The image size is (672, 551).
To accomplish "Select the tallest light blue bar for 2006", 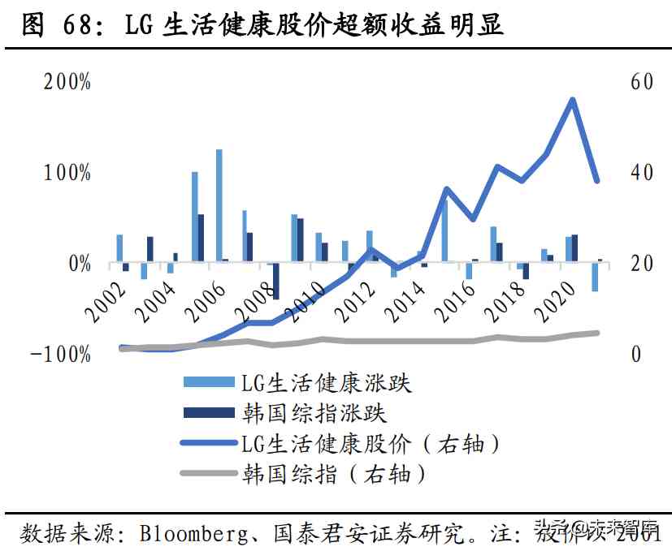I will coord(219,206).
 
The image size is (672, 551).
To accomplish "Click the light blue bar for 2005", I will coord(195,217).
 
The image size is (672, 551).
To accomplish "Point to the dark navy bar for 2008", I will coord(275,282).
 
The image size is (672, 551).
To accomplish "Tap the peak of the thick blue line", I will coord(572,101).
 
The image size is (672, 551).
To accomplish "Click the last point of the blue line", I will coord(596,181).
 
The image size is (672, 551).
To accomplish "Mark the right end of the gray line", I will coord(597,333).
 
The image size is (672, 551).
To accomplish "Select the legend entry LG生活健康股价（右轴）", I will coord(370,443).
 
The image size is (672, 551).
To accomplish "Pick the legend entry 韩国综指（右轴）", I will coord(333,473).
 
